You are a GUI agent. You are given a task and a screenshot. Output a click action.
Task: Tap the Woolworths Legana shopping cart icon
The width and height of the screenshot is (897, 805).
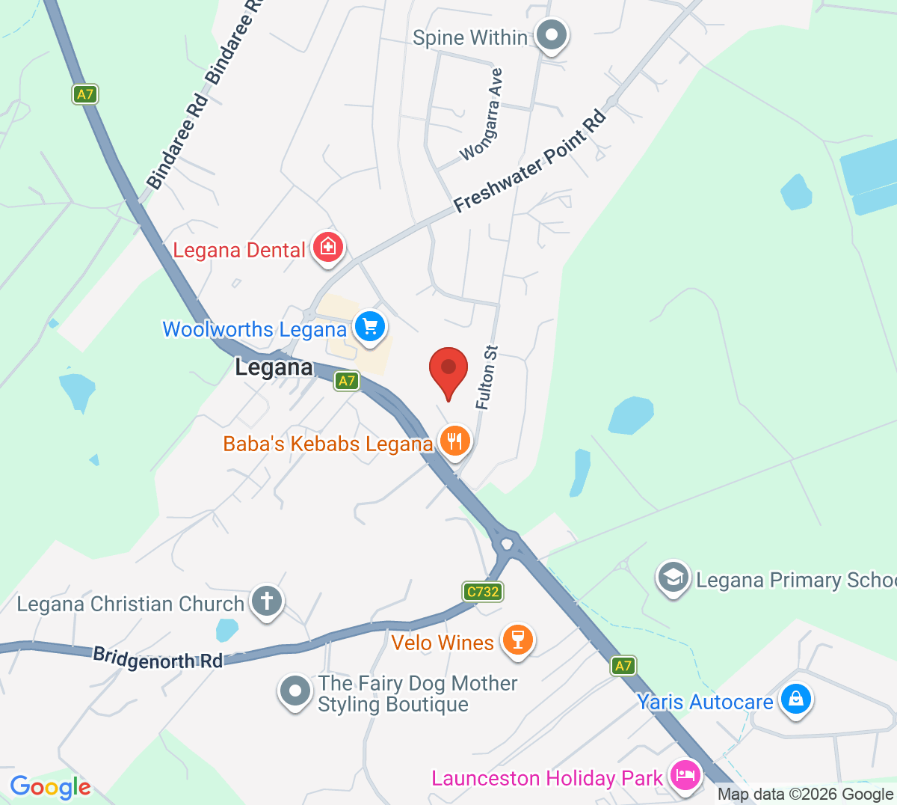[x=369, y=327]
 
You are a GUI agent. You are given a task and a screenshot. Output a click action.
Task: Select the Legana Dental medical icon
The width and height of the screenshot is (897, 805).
[x=327, y=247]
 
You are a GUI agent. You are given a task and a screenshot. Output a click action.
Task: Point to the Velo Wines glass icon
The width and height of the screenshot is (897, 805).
[x=517, y=640]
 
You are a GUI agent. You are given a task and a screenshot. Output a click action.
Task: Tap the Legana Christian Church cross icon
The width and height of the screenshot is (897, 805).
[x=267, y=601]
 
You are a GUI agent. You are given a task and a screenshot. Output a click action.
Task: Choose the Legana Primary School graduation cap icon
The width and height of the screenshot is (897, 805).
[x=673, y=577]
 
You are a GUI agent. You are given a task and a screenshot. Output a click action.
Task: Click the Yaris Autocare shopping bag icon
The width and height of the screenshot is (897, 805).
[x=795, y=700]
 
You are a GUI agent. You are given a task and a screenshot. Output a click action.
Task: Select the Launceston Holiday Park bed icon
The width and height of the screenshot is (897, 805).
[x=685, y=775]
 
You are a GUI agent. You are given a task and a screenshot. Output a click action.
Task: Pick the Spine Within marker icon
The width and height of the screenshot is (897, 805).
[x=552, y=34]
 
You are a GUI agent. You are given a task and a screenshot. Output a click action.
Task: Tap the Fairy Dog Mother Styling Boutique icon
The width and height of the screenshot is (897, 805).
[x=295, y=691]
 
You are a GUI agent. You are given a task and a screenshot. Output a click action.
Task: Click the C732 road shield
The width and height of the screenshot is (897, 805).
[x=483, y=592]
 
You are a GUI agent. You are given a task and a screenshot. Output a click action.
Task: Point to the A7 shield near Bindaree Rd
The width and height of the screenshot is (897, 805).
[x=86, y=94]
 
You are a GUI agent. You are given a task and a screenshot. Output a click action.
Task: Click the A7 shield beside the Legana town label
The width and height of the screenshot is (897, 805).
[x=346, y=381]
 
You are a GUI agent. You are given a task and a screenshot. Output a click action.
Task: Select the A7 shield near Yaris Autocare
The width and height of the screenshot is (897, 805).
[x=623, y=665]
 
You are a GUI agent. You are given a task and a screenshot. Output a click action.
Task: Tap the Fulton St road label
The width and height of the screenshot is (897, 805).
[x=486, y=378]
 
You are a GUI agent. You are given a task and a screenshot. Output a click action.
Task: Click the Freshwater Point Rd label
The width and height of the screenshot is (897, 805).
[x=530, y=162]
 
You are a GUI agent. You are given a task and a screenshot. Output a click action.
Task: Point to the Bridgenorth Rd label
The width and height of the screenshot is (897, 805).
[x=158, y=658]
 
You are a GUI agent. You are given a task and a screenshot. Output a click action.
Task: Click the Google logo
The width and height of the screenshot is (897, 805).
[x=50, y=786]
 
